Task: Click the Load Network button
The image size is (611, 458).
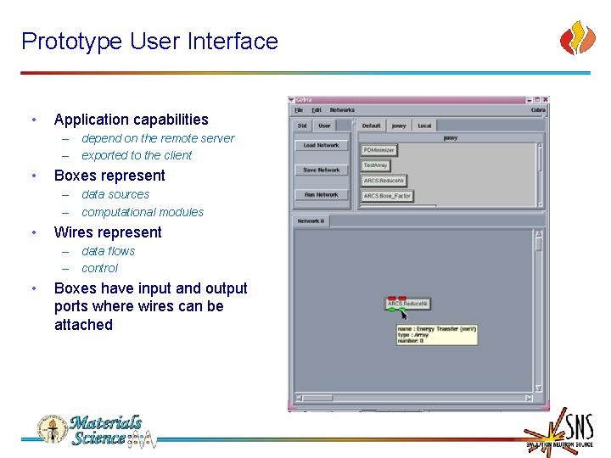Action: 321,145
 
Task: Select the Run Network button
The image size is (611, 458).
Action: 321,194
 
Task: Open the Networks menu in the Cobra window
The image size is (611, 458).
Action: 342,109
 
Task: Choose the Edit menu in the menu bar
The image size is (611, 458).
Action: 317,109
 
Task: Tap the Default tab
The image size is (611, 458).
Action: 371,126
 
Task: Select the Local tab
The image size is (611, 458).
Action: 424,126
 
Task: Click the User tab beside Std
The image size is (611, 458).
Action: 324,126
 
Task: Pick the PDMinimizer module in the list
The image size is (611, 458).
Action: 379,150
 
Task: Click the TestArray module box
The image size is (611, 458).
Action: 376,165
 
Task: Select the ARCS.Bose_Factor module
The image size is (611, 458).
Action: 387,196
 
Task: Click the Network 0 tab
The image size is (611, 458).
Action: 310,221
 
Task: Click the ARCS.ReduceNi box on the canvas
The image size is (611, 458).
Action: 408,304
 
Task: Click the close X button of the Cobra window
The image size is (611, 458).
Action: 545,99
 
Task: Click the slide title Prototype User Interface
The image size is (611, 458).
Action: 149,41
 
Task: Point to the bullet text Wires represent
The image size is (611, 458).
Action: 108,232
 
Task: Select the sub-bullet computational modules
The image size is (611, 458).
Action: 143,212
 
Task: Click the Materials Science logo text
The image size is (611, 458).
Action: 106,430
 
